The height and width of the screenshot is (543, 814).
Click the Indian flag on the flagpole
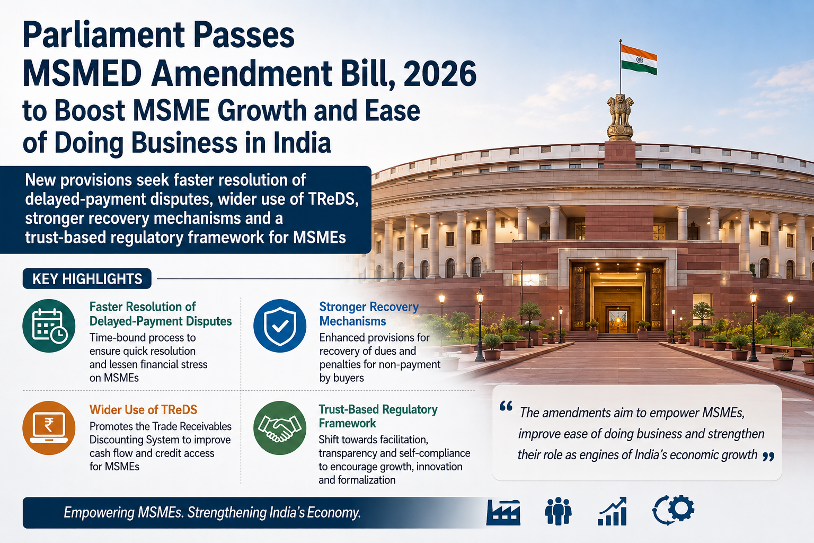click(639, 59)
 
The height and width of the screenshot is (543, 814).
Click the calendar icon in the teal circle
click(49, 326)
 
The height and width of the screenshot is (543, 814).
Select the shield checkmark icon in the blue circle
click(280, 326)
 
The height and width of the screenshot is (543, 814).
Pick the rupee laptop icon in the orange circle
click(49, 428)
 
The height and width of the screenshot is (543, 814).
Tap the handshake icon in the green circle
click(280, 428)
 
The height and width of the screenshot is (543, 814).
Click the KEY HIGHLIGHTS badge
click(87, 278)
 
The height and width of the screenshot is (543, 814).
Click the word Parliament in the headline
click(103, 36)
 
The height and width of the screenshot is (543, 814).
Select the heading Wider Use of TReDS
click(143, 410)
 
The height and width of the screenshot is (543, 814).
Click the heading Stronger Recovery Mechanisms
click(369, 314)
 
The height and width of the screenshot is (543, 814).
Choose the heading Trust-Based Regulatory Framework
click(378, 416)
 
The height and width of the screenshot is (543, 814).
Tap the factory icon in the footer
click(503, 512)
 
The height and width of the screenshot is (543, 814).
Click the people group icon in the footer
click(558, 511)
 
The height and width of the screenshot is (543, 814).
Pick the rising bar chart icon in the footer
click(613, 511)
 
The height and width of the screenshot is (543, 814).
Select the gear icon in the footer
click(674, 510)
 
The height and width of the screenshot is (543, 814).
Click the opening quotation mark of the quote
click(506, 406)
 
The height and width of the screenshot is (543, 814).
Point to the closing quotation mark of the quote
click(768, 457)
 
